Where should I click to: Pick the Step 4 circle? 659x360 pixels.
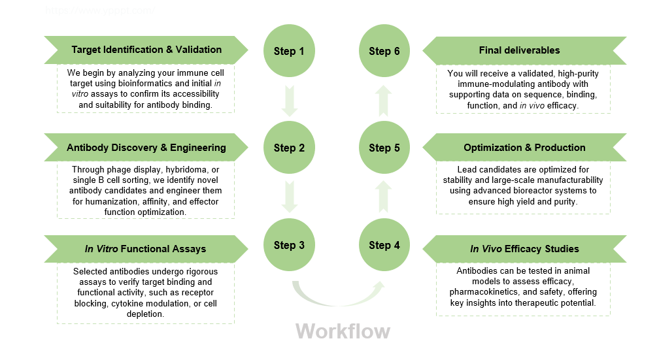point(384,245)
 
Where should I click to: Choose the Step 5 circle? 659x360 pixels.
point(384,148)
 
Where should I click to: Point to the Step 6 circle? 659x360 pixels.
point(384,51)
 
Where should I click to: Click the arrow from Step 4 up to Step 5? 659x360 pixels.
point(384,196)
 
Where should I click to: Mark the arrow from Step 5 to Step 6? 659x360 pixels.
point(384,99)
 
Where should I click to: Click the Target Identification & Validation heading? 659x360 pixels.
point(146,50)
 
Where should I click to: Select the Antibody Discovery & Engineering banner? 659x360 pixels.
point(146,148)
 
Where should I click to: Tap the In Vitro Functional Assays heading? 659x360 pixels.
point(145,248)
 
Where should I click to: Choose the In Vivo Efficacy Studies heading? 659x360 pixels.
point(524,248)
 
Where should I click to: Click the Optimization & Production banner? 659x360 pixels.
point(524,148)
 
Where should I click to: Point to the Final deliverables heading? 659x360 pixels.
point(519,50)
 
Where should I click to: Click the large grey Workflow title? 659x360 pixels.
point(343,331)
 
